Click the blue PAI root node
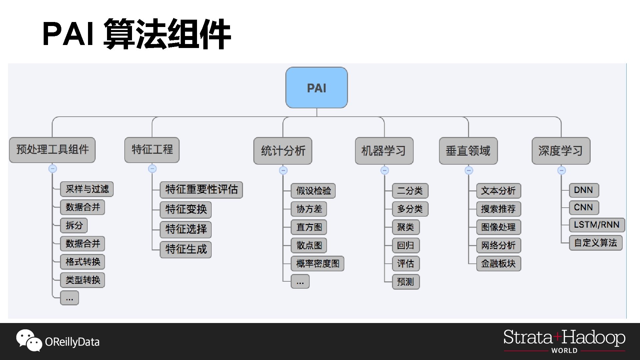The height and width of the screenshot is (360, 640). coord(316,88)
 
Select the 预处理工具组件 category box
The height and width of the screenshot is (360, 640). coord(52,150)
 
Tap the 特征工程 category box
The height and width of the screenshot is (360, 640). coord(152,150)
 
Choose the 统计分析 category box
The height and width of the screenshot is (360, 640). coord(283,151)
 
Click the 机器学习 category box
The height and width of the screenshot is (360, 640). coord(384,151)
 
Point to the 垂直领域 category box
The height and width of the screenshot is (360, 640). coord(468,151)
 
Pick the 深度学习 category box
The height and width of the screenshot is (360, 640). coord(561,151)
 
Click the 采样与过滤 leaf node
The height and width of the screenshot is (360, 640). coord(87,189)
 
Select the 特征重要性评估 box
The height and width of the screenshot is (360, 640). coord(201,190)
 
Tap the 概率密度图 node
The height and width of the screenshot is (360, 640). coord(317,264)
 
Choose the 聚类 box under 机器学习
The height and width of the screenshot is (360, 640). coord(406,227)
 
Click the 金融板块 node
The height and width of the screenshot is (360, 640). coord(498,264)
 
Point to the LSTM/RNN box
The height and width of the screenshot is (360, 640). coord(596,225)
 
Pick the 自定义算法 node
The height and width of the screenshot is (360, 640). coord(595,243)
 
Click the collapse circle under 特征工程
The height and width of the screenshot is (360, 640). coord(152,169)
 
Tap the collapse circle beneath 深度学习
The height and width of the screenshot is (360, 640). coord(561,171)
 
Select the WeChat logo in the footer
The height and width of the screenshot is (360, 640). coord(29,340)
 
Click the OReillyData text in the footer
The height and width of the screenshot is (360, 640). coord(72,342)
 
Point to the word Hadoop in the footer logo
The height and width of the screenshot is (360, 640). coord(594,338)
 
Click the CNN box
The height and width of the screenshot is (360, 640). coord(583,207)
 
